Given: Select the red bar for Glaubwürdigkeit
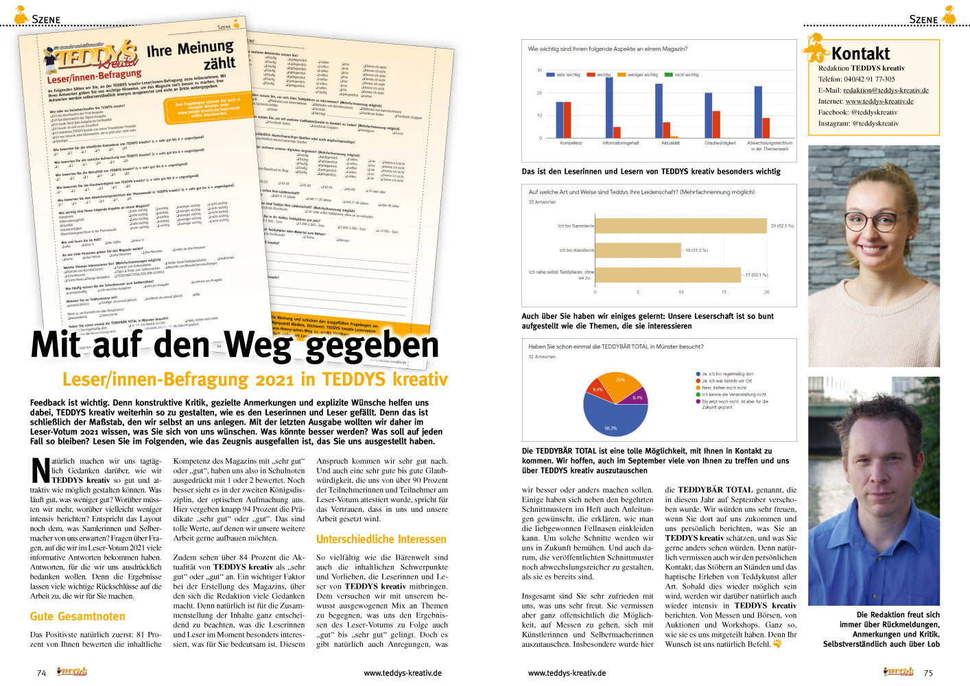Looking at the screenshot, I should coord(716,124).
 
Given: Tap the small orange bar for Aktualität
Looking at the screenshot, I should coord(674,137).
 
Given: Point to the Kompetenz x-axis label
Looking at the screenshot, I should coord(571,143).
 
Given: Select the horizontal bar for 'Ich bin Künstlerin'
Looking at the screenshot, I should coord(638,250).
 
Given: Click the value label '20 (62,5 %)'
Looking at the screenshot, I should coord(782,226).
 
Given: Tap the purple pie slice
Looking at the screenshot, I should coord(637,397).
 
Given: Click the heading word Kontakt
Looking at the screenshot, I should coord(860,54).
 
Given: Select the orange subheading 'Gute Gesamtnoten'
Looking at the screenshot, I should coord(78,617).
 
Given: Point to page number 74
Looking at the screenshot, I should coord(41,673).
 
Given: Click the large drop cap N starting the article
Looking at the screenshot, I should coord(40,471).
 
